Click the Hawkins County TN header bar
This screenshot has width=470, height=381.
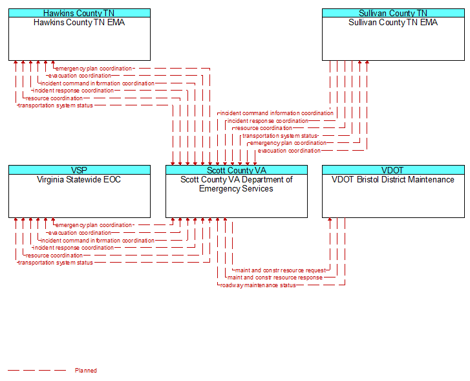(x=80, y=13)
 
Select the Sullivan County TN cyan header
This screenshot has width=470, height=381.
(x=393, y=13)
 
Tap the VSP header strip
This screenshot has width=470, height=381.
(x=80, y=169)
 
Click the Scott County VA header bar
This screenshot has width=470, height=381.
(x=237, y=169)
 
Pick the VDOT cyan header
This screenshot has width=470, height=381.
(x=393, y=169)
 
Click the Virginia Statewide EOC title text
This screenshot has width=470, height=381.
(x=79, y=179)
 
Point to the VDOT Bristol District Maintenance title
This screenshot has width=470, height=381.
(x=392, y=179)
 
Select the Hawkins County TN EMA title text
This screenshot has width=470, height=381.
(x=79, y=23)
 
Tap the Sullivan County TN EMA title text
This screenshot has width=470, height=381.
(x=393, y=23)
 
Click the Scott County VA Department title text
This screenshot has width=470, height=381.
(x=237, y=184)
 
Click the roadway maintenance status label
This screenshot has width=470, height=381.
(x=258, y=285)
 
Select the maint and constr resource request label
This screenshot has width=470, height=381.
(x=281, y=270)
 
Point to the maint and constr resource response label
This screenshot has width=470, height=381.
(x=275, y=278)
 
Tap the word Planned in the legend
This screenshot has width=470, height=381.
(x=86, y=371)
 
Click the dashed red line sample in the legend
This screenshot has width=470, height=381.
(x=37, y=371)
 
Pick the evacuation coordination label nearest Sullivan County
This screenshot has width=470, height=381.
(x=289, y=151)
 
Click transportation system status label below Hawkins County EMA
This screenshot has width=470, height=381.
(x=56, y=105)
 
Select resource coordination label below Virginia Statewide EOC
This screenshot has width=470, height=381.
(x=54, y=256)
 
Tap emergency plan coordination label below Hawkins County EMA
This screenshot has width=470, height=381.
(x=94, y=69)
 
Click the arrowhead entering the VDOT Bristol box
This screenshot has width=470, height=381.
(x=330, y=219)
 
